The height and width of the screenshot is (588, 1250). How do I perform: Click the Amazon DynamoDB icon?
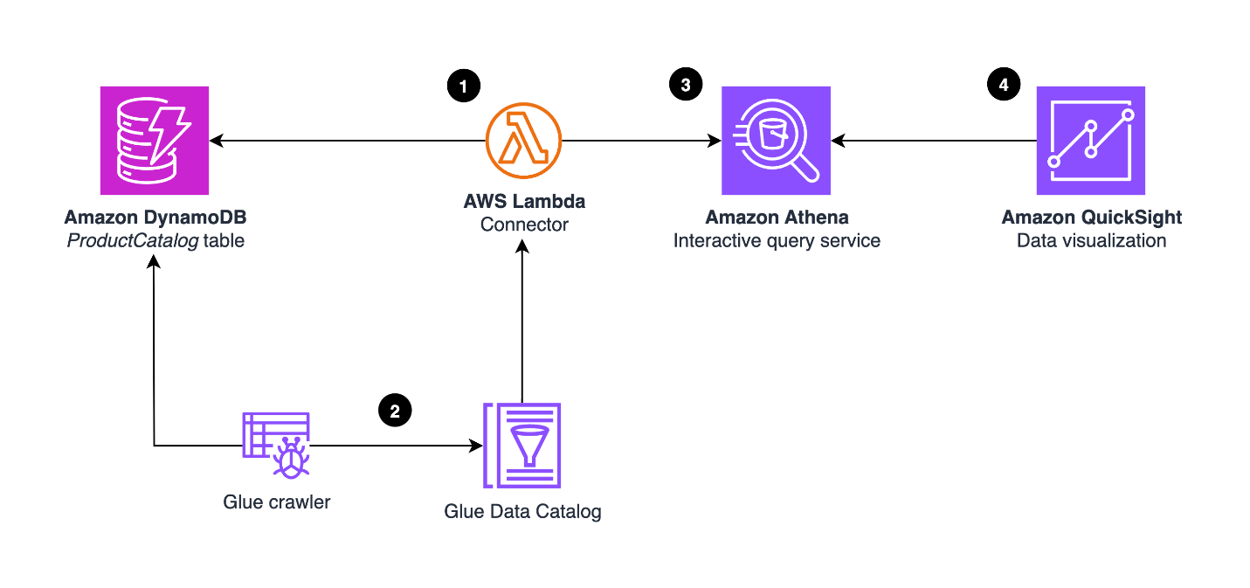(155, 141)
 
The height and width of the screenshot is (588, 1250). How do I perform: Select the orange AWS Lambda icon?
(523, 141)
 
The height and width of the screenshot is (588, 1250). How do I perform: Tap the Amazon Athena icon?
(776, 141)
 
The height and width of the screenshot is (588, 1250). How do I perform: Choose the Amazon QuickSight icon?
(1091, 141)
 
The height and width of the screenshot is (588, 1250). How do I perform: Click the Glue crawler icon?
(276, 446)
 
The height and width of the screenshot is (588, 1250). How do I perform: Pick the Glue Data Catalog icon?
(521, 446)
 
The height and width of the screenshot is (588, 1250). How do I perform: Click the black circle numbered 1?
(464, 86)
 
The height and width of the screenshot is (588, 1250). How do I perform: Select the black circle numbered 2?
(395, 411)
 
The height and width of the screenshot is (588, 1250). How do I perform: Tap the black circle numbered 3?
(686, 85)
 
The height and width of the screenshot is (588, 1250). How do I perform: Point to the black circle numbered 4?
(1004, 85)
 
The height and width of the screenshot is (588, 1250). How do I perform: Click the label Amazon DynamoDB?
(155, 218)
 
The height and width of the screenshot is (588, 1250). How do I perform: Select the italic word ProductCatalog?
(133, 240)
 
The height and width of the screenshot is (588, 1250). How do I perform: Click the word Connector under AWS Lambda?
(524, 225)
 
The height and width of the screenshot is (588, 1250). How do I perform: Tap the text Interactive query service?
(777, 240)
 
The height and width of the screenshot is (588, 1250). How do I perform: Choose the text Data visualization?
(1092, 240)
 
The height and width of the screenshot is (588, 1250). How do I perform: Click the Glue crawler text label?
(277, 502)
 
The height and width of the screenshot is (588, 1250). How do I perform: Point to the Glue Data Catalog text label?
(523, 511)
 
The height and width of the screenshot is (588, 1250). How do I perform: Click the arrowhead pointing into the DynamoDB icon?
(217, 141)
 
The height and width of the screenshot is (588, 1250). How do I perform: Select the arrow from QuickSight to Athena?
(934, 141)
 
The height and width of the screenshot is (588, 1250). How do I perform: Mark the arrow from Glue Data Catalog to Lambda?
(522, 321)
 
